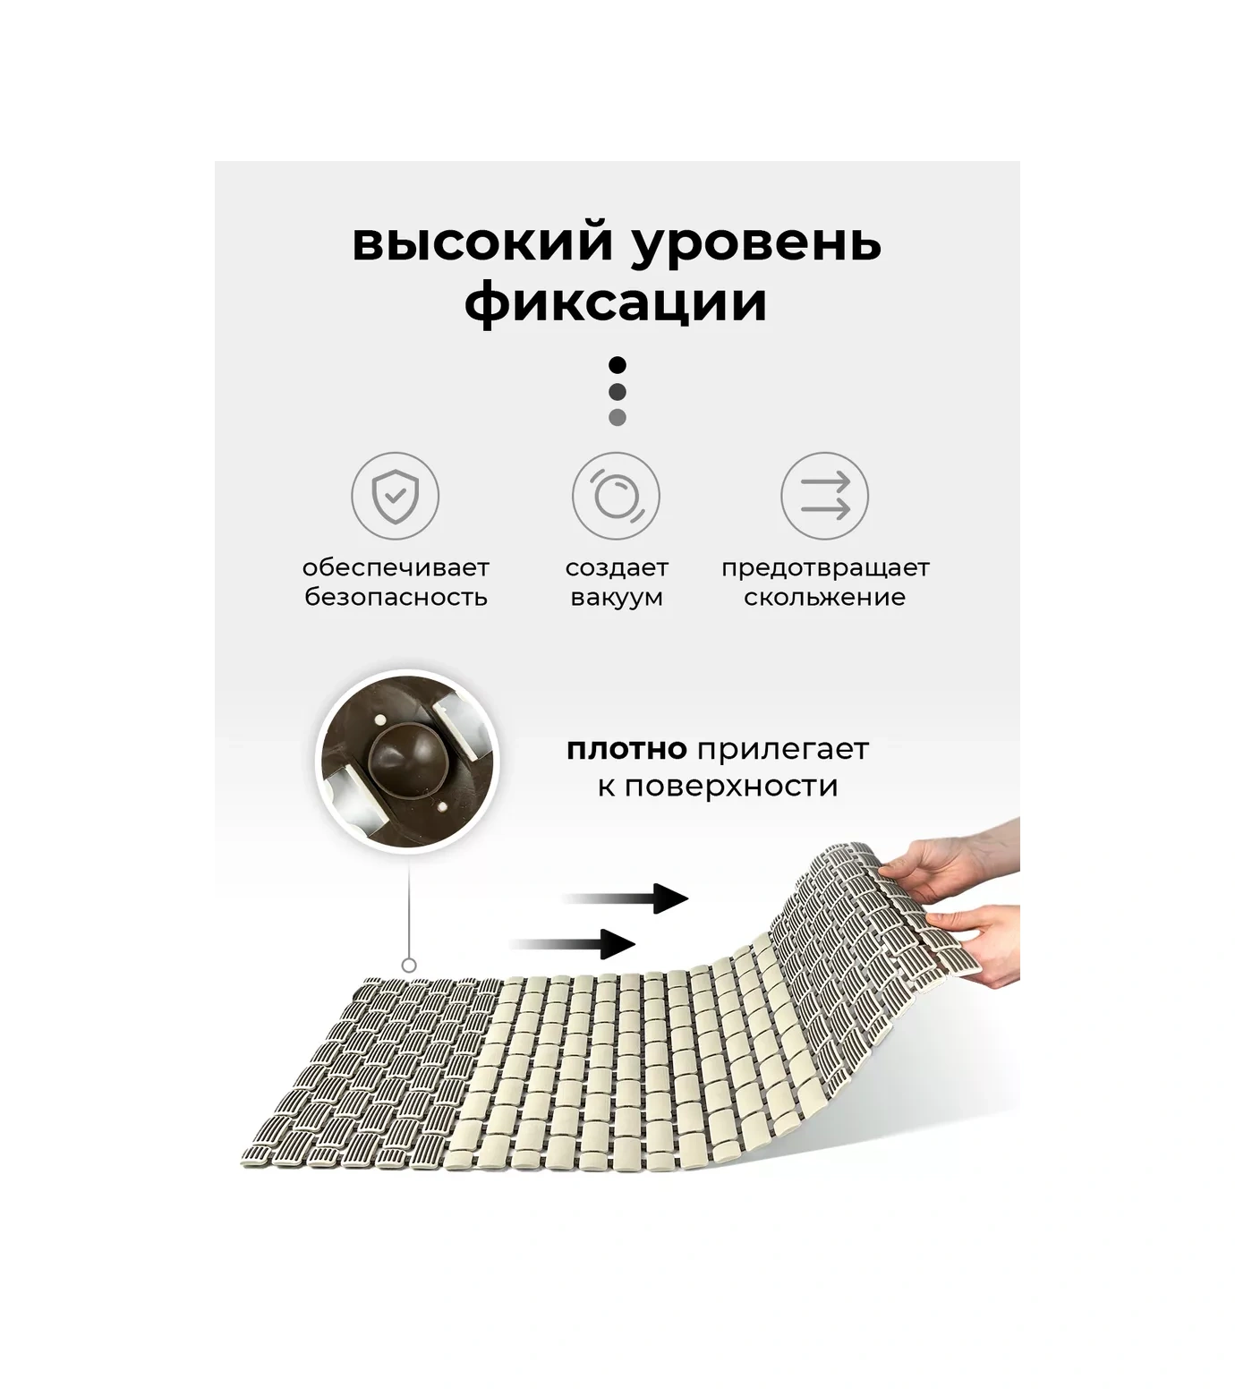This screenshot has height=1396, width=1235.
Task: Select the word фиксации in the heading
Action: pos(617,302)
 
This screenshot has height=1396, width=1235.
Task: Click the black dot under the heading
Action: pos(617,365)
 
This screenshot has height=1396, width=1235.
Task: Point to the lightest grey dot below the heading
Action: pos(617,417)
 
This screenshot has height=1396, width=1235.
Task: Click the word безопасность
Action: pos(396,597)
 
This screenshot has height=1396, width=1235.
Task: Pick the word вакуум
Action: pos(617,598)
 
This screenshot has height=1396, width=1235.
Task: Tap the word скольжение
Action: pos(824,597)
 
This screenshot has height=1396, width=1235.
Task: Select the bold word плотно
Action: pos(626,750)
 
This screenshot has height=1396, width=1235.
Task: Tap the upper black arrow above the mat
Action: pos(626,898)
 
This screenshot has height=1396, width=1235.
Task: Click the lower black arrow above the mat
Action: pos(573,944)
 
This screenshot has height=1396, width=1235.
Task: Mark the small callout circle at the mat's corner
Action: pos(409,965)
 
